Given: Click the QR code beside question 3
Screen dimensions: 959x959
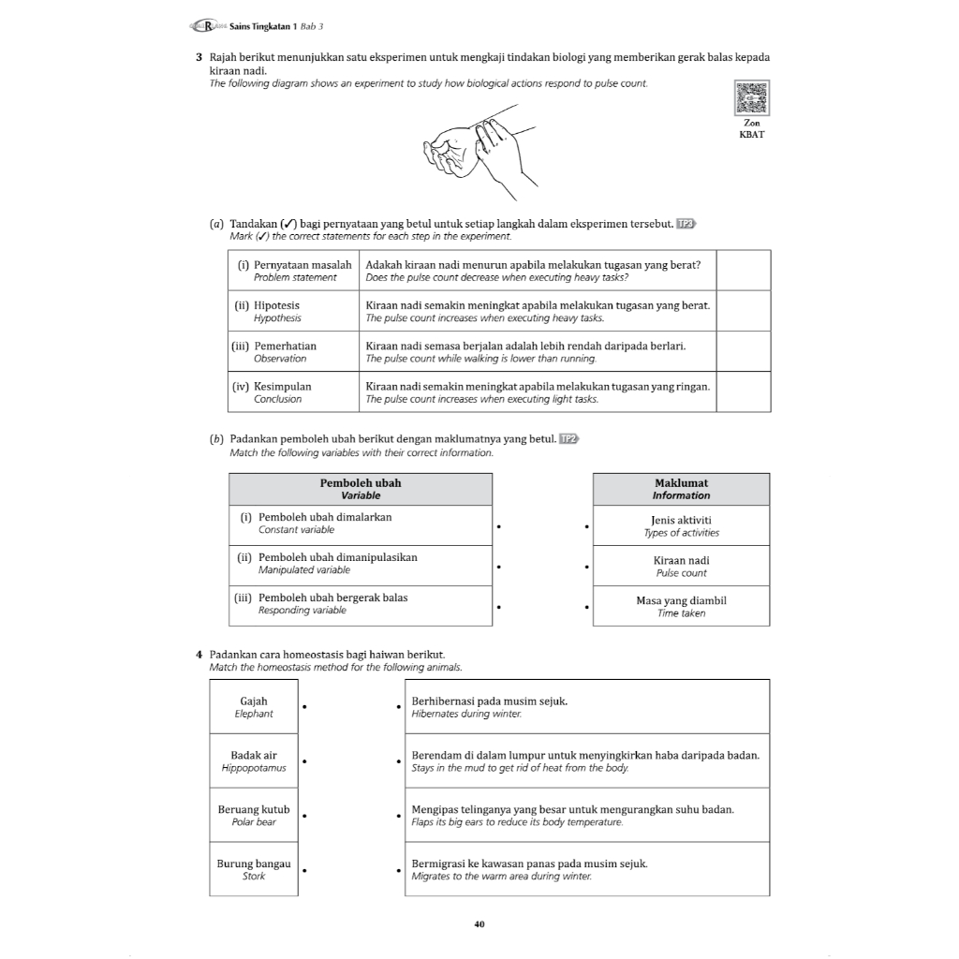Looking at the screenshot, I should [x=752, y=98].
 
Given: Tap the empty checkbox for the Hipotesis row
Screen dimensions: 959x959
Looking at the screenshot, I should [x=744, y=311].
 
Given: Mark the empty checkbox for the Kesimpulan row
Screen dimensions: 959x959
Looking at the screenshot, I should [x=744, y=391].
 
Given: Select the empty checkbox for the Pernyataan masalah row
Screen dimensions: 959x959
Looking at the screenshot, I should [x=744, y=271].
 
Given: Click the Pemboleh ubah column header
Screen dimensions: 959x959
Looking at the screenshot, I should [x=361, y=489].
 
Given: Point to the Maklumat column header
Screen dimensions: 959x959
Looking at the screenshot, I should [x=681, y=489].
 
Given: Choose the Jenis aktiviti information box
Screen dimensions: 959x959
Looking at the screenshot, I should [x=681, y=525].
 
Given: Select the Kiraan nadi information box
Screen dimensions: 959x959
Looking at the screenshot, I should [x=681, y=566].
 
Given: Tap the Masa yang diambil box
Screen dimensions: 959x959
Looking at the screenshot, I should [x=681, y=606].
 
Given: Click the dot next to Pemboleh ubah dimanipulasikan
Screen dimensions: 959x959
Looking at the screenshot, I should [x=500, y=567].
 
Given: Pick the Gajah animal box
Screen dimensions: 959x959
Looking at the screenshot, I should [x=254, y=707].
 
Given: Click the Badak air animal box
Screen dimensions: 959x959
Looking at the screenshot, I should [x=254, y=760].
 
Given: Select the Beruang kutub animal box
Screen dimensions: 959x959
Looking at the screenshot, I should [x=254, y=815].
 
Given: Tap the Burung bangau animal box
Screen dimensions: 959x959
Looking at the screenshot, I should [x=254, y=869].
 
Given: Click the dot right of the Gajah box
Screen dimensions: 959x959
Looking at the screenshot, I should [x=306, y=707].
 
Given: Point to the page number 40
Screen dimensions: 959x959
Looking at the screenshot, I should [x=479, y=924].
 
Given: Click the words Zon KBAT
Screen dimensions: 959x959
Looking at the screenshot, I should [x=752, y=128].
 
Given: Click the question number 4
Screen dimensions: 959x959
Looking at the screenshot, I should [x=199, y=654].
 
